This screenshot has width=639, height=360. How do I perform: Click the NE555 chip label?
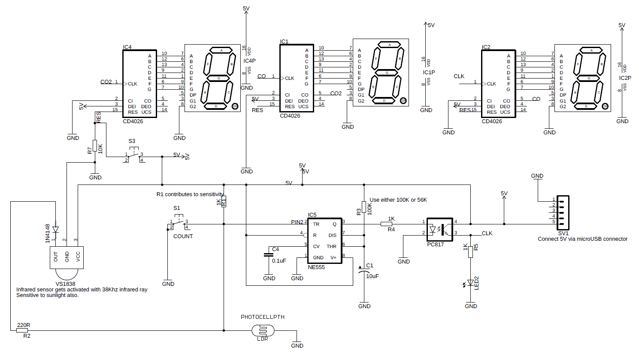pyautogui.click(x=316, y=267)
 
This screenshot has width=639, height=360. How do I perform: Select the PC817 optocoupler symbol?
pyautogui.click(x=440, y=229)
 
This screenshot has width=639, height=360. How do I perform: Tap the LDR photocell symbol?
pyautogui.click(x=263, y=331)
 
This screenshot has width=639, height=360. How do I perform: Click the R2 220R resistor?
pyautogui.click(x=23, y=330)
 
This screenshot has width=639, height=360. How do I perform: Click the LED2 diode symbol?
pyautogui.click(x=471, y=283)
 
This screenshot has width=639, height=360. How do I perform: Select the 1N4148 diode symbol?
pyautogui.click(x=55, y=230)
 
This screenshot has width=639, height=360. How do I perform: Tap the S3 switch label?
pyautogui.click(x=132, y=141)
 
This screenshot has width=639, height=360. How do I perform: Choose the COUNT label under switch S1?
pyautogui.click(x=183, y=236)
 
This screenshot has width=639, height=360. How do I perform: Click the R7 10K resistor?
pyautogui.click(x=95, y=146)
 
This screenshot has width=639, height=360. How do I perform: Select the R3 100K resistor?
pyautogui.click(x=364, y=207)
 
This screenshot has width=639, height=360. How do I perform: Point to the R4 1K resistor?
pyautogui.click(x=386, y=224)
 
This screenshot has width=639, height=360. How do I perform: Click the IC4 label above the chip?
pyautogui.click(x=127, y=47)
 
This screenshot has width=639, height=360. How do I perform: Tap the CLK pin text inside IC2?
pyautogui.click(x=491, y=84)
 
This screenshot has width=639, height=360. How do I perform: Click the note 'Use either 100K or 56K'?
pyautogui.click(x=398, y=200)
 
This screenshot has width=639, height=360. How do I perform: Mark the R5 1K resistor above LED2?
pyautogui.click(x=471, y=252)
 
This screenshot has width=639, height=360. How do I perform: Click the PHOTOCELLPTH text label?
pyautogui.click(x=262, y=317)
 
